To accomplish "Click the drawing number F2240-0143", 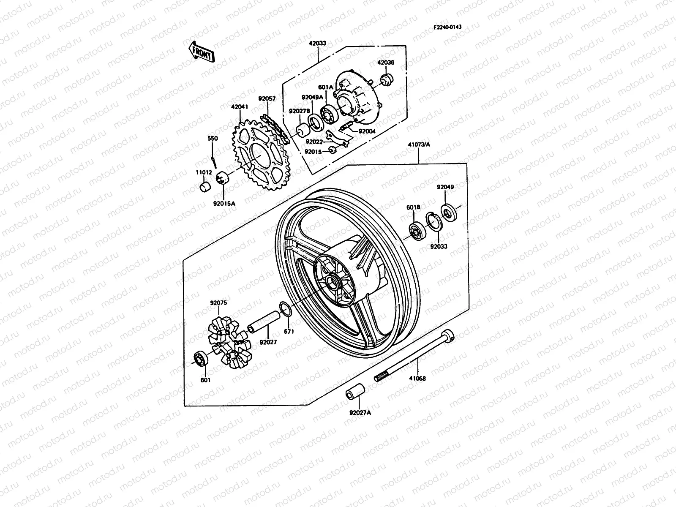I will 447,27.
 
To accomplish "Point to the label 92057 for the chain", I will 267,99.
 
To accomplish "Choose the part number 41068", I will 417,379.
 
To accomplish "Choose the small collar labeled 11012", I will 205,187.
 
